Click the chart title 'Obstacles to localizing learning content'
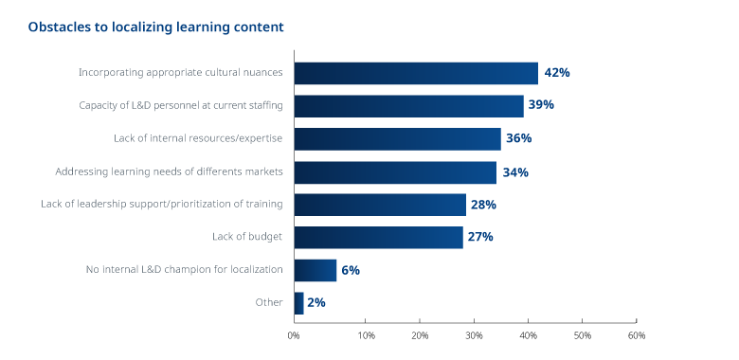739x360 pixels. [155, 27]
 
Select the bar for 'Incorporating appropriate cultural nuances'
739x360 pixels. [416, 73]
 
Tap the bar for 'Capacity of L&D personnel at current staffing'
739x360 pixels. [408, 105]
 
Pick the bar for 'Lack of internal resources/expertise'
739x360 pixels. [397, 138]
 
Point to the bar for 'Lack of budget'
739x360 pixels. [378, 237]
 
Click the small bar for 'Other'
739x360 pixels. [299, 303]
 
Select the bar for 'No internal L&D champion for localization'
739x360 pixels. [315, 270]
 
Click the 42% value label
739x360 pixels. [557, 73]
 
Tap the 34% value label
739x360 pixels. [516, 171]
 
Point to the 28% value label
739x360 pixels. [483, 205]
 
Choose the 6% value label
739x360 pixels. [351, 270]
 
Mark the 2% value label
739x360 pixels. [317, 303]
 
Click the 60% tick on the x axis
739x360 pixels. [637, 335]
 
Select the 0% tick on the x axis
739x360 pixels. [294, 335]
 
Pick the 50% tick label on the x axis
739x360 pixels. [583, 335]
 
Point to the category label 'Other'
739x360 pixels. [269, 303]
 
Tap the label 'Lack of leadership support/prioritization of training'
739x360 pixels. [162, 205]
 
